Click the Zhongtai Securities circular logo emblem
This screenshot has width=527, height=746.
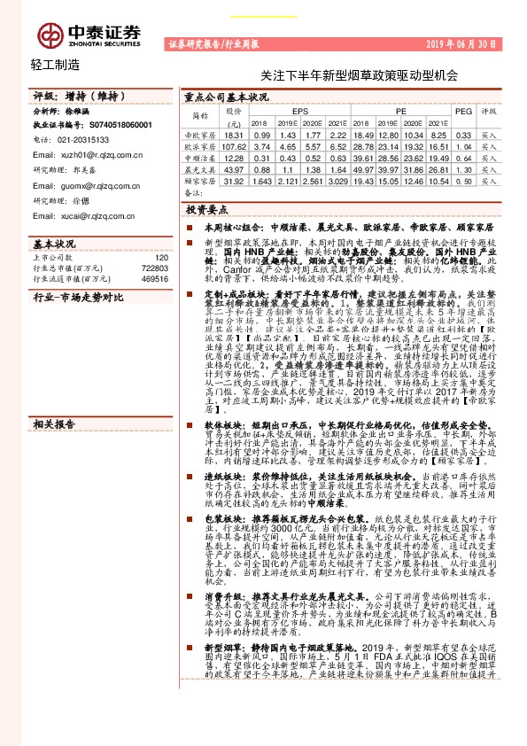coord(49,33)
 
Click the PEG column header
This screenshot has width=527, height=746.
coord(463,112)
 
